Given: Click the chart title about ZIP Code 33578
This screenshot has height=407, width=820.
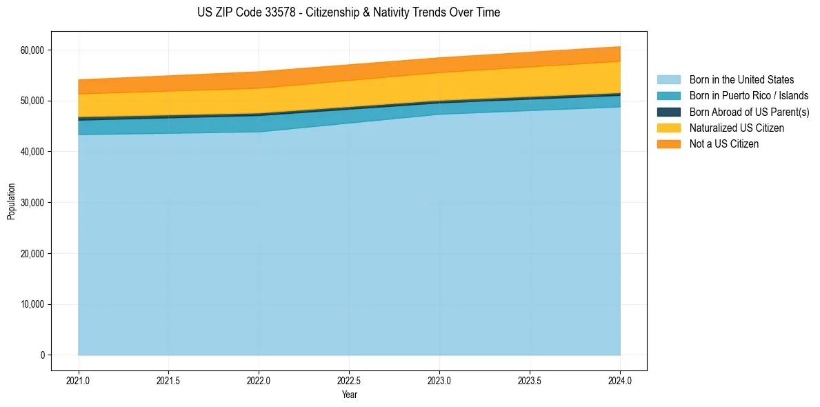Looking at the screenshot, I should coord(348,12).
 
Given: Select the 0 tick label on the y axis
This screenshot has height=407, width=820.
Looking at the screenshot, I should coord(42,355).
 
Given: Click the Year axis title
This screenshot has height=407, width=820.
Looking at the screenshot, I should coord(349,395).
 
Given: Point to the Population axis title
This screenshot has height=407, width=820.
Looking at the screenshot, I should coord(11,201).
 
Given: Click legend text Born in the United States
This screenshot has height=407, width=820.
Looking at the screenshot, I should coord(741,80).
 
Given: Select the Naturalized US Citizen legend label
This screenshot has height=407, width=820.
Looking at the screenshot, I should coord(737,128).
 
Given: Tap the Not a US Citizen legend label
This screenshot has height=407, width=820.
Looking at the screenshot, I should coord(724,144).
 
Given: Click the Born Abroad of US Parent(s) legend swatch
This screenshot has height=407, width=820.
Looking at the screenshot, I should coord(668,112).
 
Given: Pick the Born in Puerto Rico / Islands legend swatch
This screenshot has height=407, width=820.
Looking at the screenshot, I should coord(668,96).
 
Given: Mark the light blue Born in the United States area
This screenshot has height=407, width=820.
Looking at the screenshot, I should coord(345,241).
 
